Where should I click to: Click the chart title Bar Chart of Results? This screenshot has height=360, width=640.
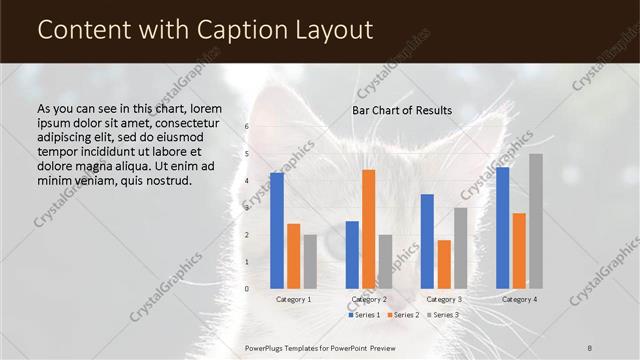point(401,110)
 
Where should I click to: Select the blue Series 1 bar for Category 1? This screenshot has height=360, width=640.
point(276,230)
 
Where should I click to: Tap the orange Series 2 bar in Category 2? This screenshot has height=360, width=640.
point(369,229)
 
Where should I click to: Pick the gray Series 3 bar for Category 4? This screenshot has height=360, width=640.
point(536,221)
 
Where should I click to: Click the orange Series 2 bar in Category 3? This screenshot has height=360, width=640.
point(444,264)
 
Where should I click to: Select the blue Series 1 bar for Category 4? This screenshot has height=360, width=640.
point(502,228)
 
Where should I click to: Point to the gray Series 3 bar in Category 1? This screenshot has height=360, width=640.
point(310,261)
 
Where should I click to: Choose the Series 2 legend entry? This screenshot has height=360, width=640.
point(402,315)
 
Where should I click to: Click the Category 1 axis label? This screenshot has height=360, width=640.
point(293,299)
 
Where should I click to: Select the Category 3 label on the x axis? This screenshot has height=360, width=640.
point(444,299)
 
